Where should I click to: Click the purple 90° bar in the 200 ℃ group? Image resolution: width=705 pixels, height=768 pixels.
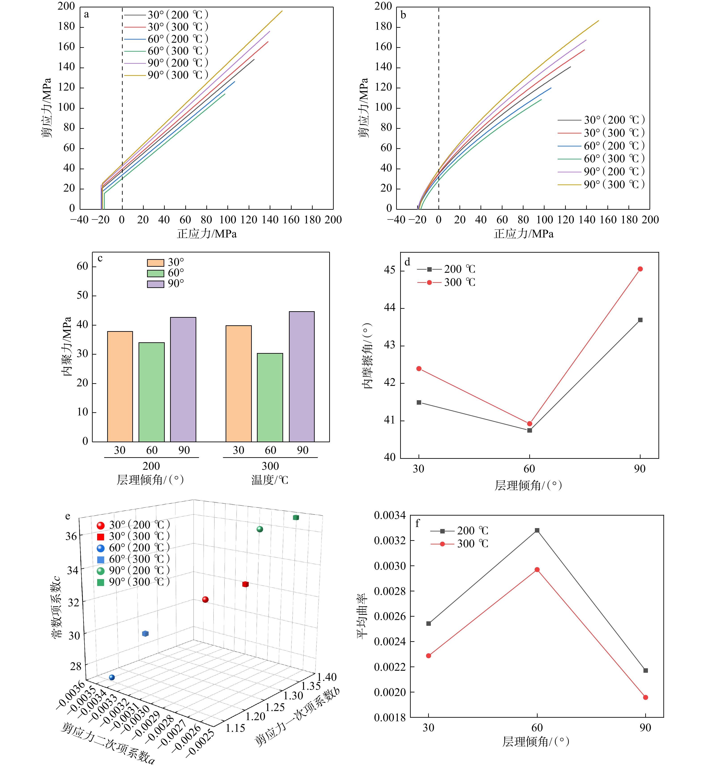click(183, 379)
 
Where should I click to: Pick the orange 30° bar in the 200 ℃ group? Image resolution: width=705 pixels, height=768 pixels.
click(120, 387)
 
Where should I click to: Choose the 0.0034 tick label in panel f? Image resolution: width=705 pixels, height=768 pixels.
click(389, 516)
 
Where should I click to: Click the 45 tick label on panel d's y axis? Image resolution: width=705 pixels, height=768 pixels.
click(389, 270)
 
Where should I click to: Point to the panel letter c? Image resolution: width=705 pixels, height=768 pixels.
click(100, 258)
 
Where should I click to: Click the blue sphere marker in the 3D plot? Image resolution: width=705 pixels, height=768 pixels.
click(112, 677)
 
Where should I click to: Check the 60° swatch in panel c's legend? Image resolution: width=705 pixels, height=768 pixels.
click(155, 273)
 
